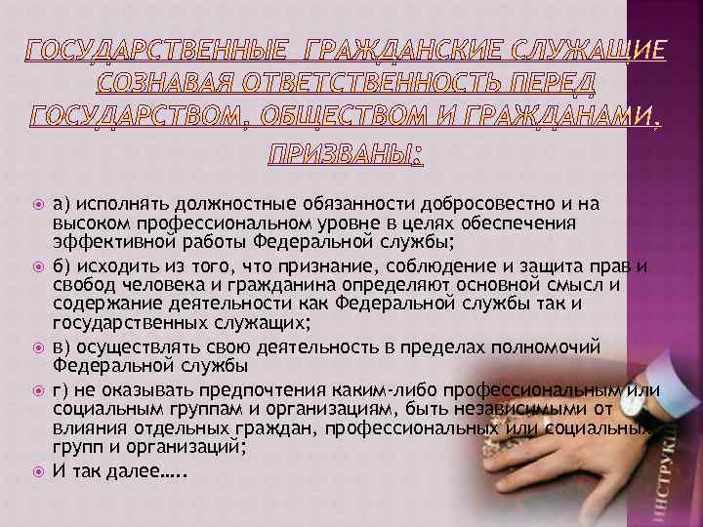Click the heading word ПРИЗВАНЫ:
click(351, 153)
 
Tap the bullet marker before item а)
click(38, 204)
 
